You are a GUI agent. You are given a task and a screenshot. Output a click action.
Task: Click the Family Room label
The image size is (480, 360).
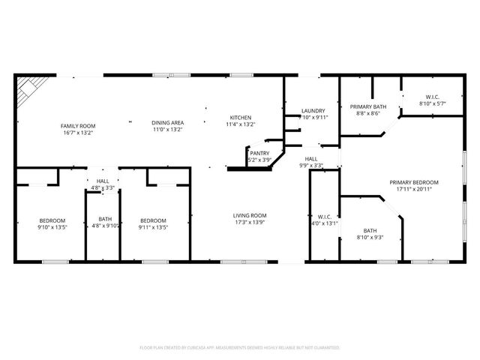(x=78, y=125)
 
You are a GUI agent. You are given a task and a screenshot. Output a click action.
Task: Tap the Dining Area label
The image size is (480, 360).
(x=168, y=122)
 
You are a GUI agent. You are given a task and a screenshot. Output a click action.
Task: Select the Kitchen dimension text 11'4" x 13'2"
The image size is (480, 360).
(x=240, y=125)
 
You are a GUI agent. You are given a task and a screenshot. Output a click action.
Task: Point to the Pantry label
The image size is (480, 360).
(x=259, y=153)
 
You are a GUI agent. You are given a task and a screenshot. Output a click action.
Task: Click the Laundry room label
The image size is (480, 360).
(x=313, y=111)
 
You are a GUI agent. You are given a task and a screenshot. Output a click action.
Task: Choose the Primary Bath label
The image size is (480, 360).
(x=368, y=107)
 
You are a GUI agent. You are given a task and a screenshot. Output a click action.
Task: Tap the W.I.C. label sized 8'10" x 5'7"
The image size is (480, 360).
(x=432, y=96)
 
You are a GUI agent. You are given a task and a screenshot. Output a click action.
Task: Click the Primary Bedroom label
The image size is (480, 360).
(x=413, y=182)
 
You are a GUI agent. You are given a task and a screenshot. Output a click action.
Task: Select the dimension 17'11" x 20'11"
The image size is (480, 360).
(x=413, y=189)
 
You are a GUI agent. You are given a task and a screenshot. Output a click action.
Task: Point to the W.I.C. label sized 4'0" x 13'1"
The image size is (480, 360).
(x=324, y=217)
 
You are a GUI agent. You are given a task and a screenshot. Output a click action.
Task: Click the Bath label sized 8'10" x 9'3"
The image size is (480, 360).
(x=370, y=230)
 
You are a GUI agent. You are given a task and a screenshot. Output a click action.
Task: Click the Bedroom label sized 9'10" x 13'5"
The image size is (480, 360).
(x=52, y=220)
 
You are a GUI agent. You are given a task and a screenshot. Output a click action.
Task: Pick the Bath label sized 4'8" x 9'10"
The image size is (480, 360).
(x=104, y=219)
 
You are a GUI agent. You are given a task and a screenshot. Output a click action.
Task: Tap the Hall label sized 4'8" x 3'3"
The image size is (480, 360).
(x=103, y=181)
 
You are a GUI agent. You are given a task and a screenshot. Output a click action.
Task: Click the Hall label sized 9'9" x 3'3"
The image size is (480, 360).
(x=310, y=158)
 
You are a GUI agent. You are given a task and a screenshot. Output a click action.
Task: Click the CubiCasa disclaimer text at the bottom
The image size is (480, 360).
(x=240, y=348)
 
